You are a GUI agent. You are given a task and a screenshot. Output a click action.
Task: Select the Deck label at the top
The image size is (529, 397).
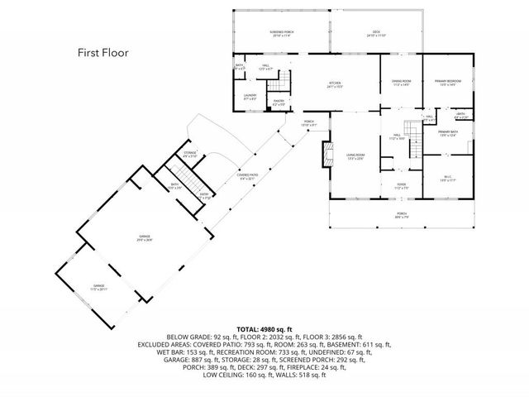[377, 34]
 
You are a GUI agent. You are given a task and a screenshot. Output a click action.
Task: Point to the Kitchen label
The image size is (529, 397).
[334, 84]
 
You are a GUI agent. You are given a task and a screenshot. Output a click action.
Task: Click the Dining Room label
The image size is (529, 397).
[402, 82]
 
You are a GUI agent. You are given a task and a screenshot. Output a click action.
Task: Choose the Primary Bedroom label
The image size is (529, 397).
[446, 82]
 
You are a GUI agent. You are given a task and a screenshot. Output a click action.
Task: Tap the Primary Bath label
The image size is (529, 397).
[448, 133]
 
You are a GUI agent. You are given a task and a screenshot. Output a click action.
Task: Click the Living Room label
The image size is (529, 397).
[356, 157]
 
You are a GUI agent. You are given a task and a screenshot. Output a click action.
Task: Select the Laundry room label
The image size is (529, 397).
[250, 97]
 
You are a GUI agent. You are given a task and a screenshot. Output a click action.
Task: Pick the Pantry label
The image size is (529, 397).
[279, 103]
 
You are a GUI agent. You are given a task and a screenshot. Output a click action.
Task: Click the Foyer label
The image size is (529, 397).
[401, 187]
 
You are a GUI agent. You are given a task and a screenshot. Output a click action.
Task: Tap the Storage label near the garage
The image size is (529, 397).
[190, 155]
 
